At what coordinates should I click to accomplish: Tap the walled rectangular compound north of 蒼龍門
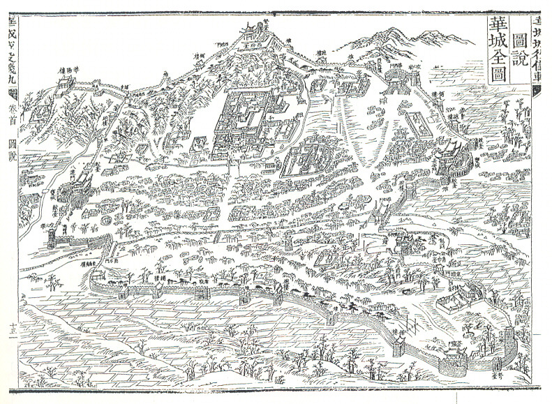click(455, 301)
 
